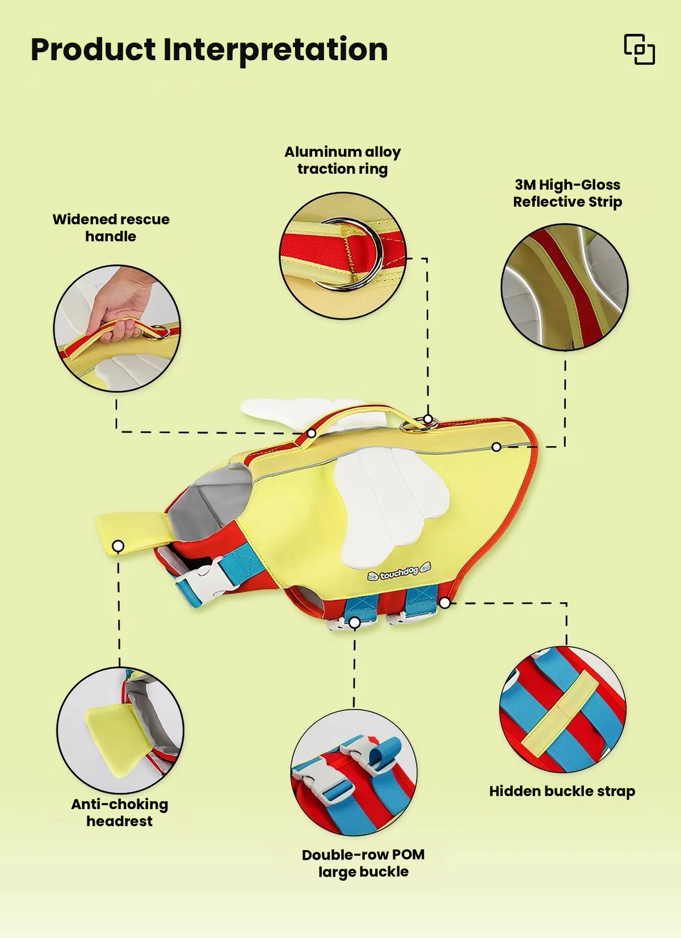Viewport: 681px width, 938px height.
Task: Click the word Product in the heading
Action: pos(93,50)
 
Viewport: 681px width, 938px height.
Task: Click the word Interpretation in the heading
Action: pos(275,51)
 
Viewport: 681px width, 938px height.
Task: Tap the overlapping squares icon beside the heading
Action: pos(639,49)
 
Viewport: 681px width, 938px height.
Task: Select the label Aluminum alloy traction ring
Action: pos(342,160)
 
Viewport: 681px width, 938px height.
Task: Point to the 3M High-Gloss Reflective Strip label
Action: pos(567,193)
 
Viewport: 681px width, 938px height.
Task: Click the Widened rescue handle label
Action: pos(111,228)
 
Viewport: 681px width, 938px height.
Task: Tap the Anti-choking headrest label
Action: pos(120,813)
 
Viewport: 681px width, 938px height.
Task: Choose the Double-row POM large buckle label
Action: pos(363,863)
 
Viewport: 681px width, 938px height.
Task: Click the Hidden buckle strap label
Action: pos(562,791)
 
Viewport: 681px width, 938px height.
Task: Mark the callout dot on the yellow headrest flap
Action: pos(119,546)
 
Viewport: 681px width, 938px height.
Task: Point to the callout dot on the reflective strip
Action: pos(497,447)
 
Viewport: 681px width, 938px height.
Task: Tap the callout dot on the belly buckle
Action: pos(355,623)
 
